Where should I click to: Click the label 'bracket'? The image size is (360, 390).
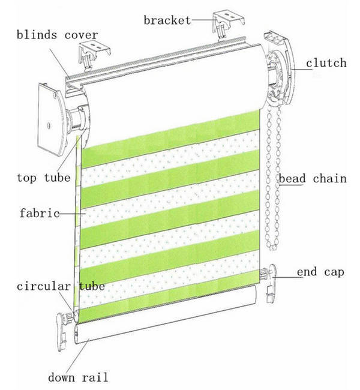(166, 20)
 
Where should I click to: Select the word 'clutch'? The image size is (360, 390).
(326, 62)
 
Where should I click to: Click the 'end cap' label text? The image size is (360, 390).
(320, 272)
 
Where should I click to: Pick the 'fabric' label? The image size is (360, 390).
(38, 212)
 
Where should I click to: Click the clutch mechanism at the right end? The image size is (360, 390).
(281, 78)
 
